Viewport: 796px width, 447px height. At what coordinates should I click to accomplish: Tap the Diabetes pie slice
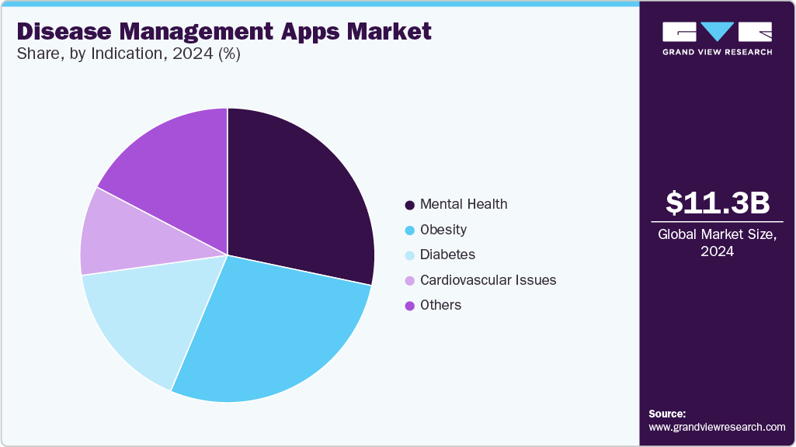[x=140, y=318]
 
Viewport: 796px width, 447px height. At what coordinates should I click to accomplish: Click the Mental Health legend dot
[x=409, y=205]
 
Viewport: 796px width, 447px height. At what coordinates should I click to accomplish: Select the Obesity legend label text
[x=443, y=230]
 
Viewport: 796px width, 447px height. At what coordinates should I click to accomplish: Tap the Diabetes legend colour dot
[x=409, y=255]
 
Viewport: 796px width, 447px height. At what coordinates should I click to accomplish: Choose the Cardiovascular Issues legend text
[x=488, y=280]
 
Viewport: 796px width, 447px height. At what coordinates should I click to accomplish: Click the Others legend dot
[x=409, y=306]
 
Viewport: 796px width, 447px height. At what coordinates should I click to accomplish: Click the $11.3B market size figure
[x=718, y=203]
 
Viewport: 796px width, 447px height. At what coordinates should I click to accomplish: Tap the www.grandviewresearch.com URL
[x=717, y=427]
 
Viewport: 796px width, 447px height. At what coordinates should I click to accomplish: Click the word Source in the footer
[x=667, y=414]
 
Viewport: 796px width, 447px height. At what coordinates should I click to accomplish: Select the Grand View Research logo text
[x=717, y=52]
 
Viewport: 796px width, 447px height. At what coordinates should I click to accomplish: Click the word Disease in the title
[x=60, y=32]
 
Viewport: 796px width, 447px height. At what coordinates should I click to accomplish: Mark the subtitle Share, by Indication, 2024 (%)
[x=128, y=56]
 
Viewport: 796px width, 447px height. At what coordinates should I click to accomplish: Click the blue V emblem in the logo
[x=717, y=31]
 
